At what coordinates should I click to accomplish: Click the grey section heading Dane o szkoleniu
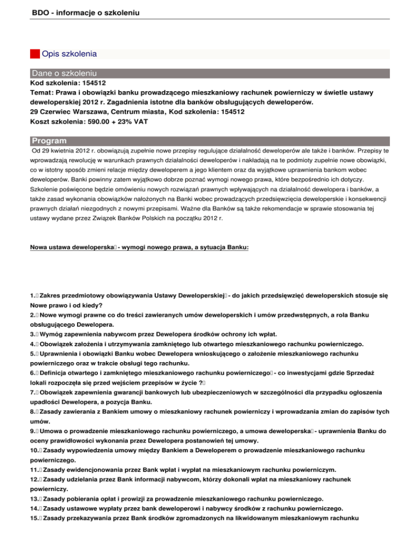click(x=65, y=73)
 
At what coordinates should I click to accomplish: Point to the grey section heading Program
click(x=49, y=141)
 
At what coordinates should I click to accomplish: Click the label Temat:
click(x=43, y=93)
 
